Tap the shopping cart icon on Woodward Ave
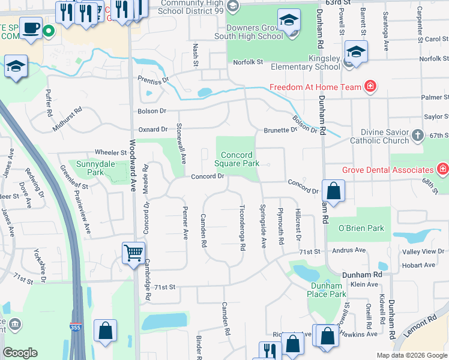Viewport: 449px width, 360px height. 133,253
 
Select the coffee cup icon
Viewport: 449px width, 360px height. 30,27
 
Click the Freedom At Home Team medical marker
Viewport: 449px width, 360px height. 370,86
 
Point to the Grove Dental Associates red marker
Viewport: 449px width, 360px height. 443,169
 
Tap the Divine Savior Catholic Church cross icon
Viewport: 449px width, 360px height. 418,135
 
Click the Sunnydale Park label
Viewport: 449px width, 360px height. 91,167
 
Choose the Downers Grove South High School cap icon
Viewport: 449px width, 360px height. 289,22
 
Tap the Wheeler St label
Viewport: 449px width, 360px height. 110,152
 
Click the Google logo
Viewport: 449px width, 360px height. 20,353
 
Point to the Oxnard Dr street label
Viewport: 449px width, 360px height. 153,129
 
